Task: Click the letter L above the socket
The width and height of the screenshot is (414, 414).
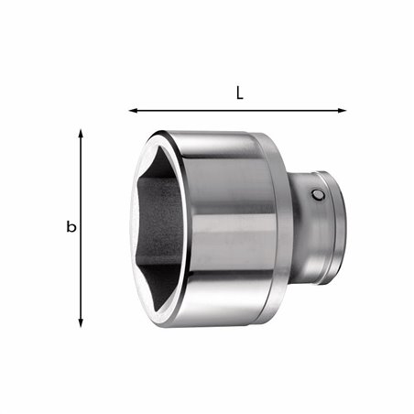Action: coord(238,93)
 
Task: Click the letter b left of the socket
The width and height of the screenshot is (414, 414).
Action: coord(71,227)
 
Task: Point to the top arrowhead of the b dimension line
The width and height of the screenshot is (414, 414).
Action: coord(82,134)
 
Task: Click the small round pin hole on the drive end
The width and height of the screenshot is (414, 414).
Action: coord(317,195)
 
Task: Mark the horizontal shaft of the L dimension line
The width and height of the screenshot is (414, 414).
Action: coord(238,111)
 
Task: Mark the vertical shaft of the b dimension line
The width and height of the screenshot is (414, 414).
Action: coord(82,229)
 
